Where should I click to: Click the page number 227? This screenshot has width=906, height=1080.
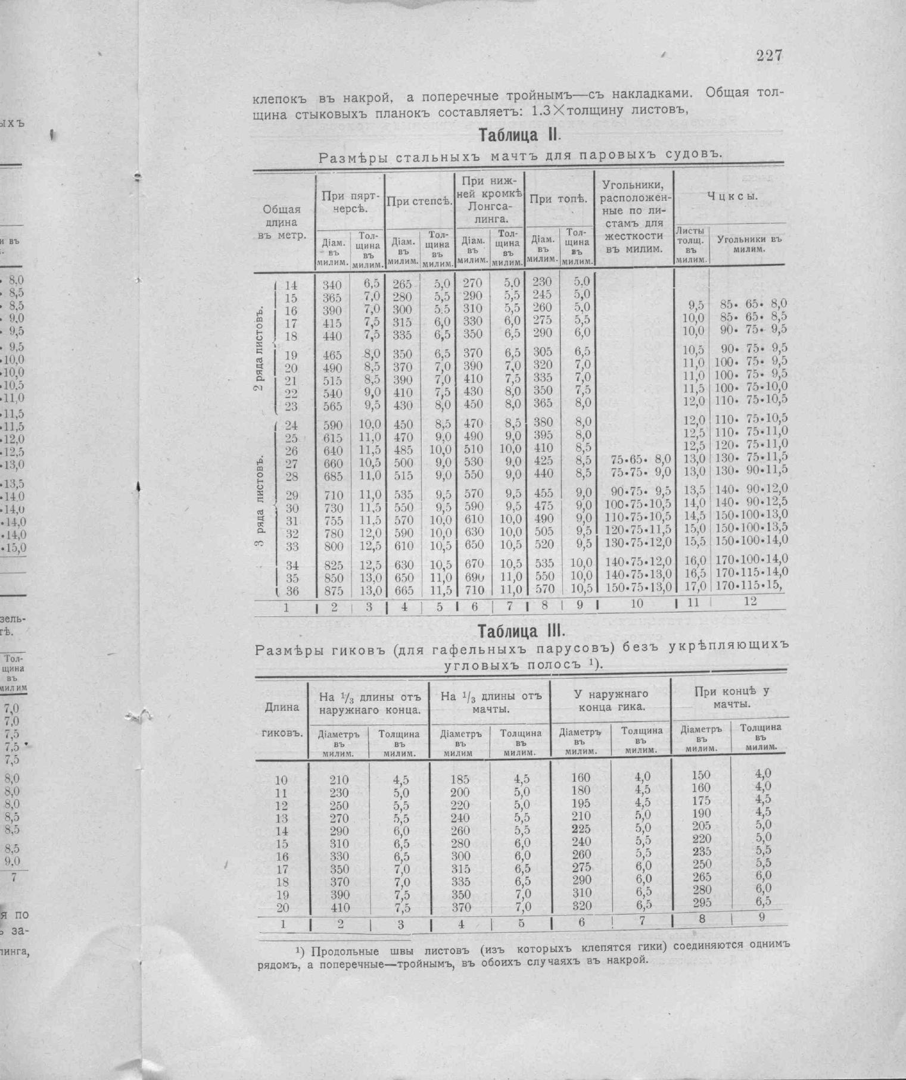coord(769,56)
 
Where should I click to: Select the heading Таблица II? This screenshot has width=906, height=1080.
coord(518,136)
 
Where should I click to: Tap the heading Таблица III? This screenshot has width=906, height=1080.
coord(521,630)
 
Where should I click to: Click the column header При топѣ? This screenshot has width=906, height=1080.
coord(559,199)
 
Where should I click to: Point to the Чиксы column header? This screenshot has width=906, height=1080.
coord(732,197)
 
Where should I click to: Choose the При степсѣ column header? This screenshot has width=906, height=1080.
coord(419,201)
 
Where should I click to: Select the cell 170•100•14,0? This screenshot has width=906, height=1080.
coord(752,559)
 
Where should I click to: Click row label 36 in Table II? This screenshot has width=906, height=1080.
coord(291,592)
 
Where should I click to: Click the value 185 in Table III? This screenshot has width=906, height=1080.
coord(460,779)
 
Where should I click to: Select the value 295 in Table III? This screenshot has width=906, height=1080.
coord(702,903)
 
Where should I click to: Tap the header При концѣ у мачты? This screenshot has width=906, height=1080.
coord(731,697)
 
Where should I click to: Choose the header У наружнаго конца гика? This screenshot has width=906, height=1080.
coord(611,700)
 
